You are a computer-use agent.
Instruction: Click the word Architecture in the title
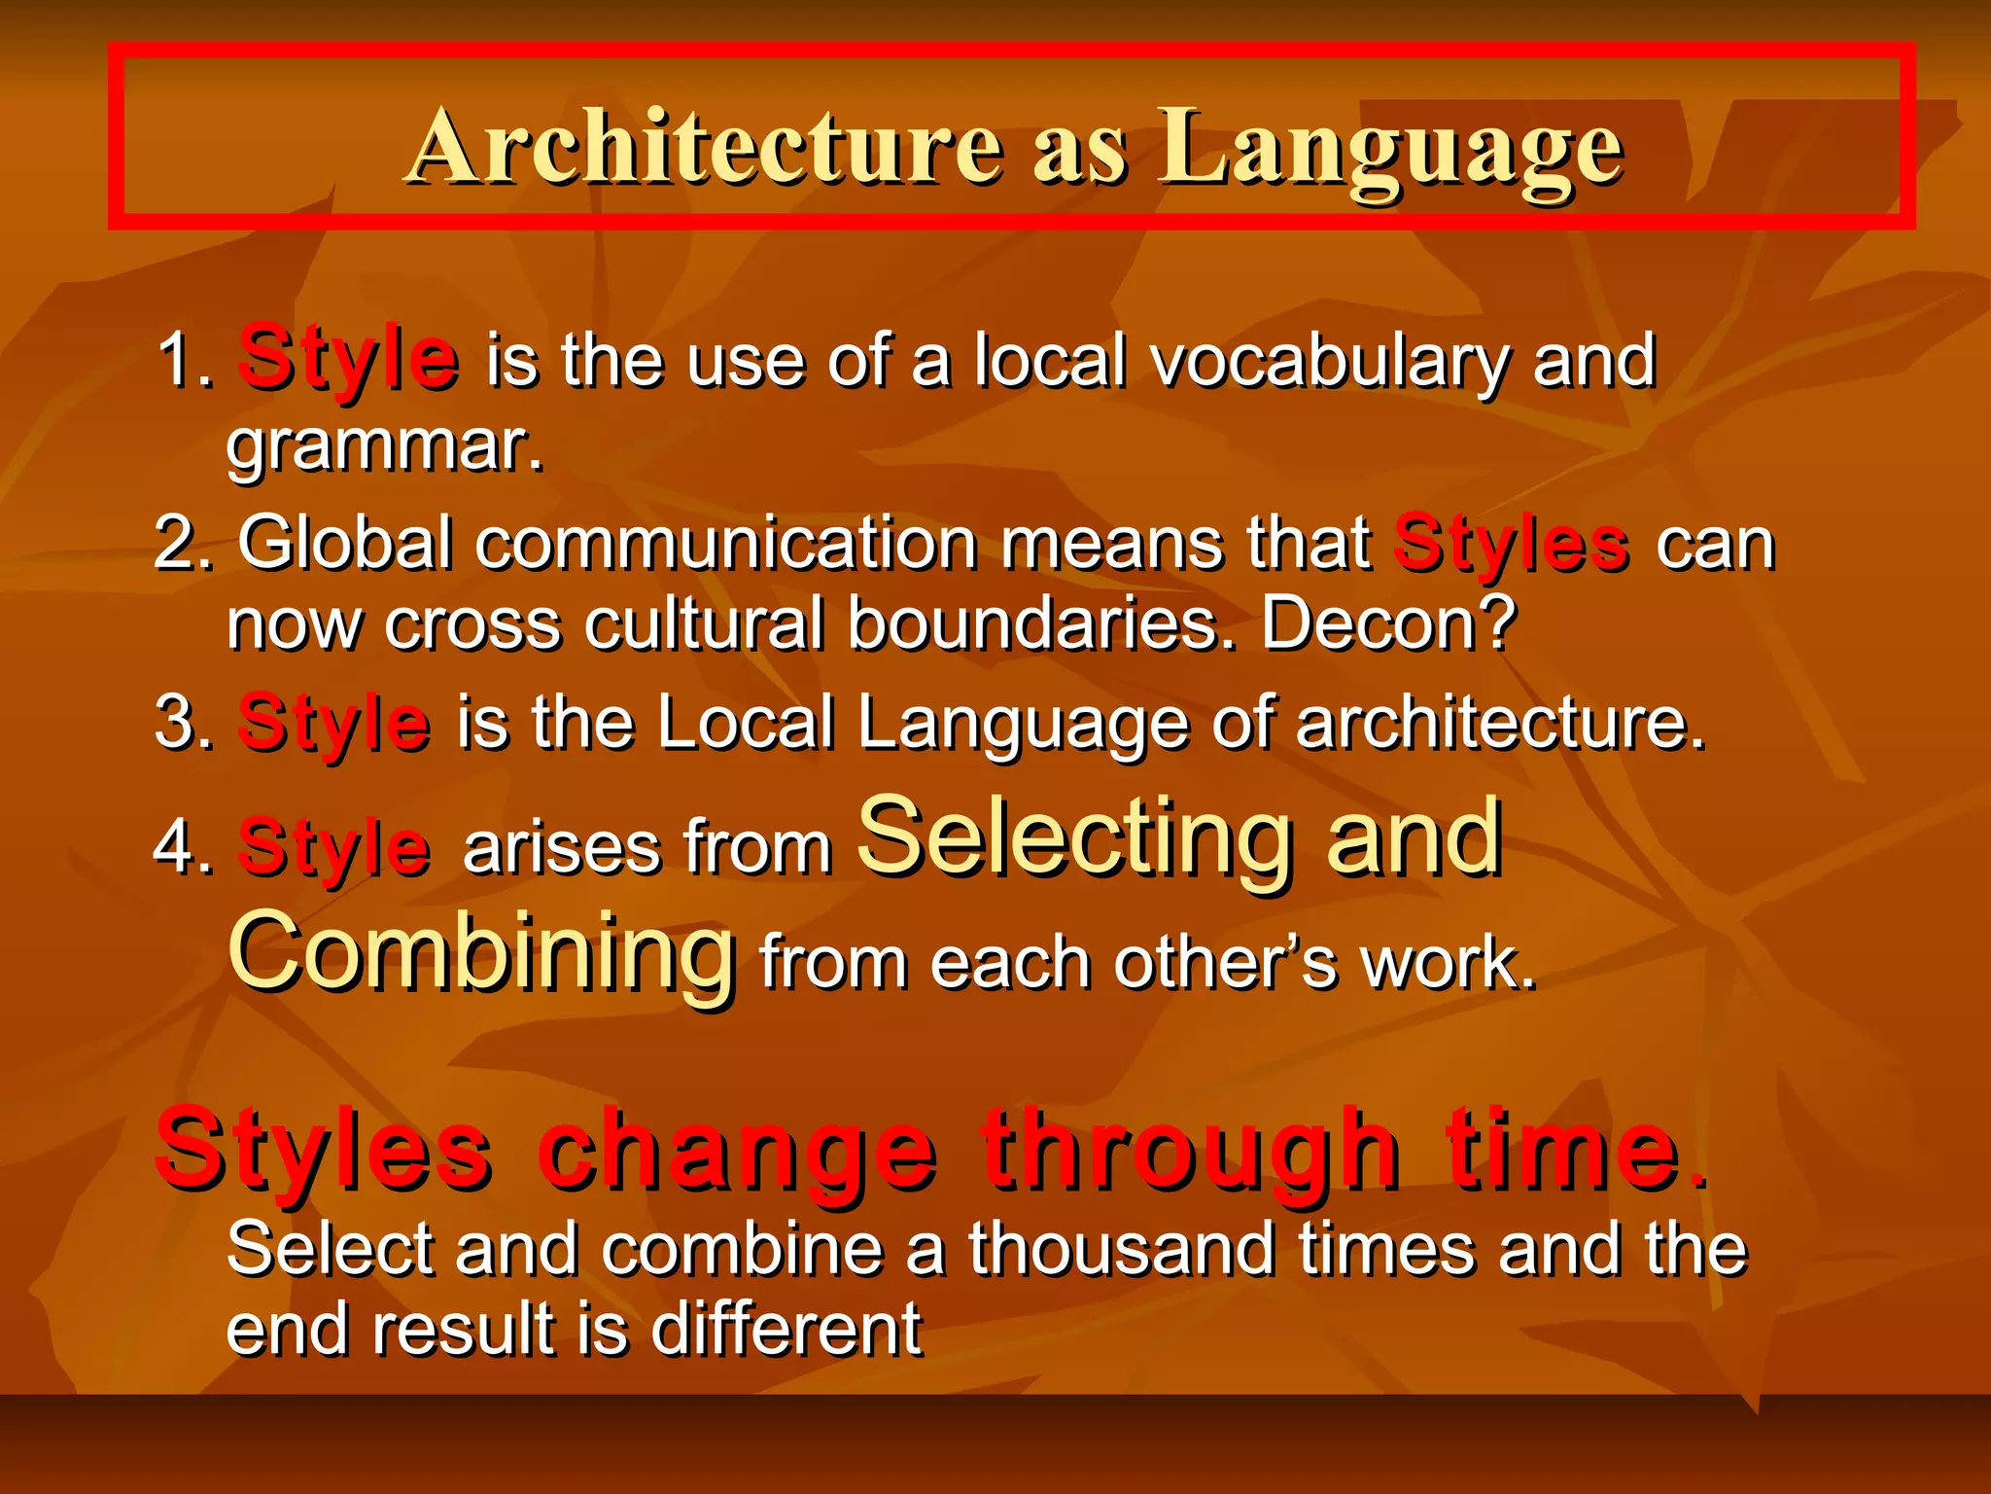(706, 148)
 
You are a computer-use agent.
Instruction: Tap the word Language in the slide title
(1390, 148)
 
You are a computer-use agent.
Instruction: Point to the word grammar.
(384, 447)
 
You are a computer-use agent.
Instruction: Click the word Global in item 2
(345, 543)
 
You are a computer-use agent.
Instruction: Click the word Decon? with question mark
(1388, 623)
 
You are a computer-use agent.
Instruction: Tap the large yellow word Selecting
(1074, 837)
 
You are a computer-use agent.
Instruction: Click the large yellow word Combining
(481, 953)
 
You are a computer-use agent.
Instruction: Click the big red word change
(738, 1153)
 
